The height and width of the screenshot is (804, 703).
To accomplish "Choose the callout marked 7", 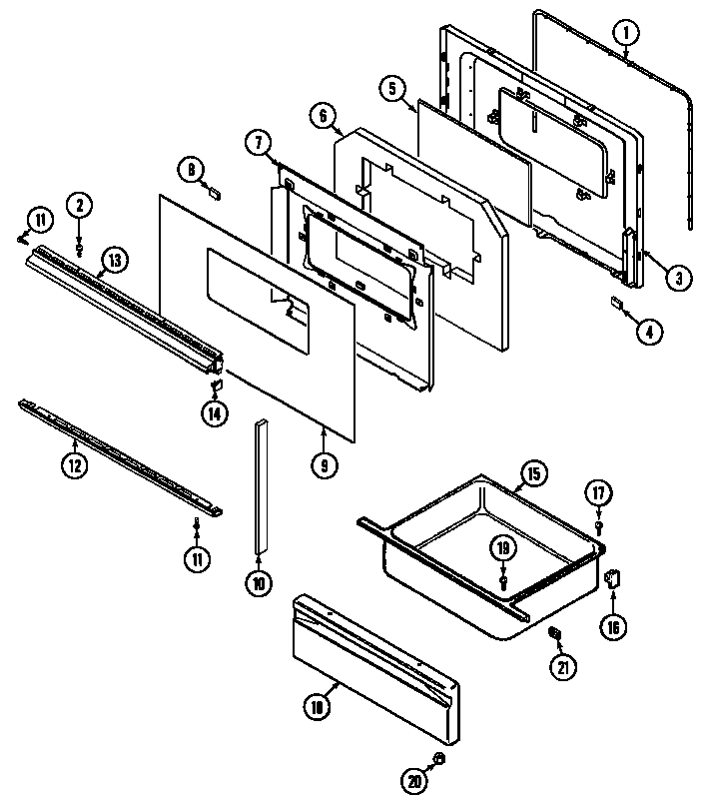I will pyautogui.click(x=258, y=143).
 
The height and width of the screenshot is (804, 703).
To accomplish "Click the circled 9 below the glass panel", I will pyautogui.click(x=325, y=464).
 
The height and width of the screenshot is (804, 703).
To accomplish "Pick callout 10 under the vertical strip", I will pyautogui.click(x=259, y=584).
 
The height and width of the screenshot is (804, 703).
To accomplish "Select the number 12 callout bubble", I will pyautogui.click(x=73, y=463).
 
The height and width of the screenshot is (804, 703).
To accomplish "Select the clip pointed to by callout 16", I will pyautogui.click(x=614, y=576).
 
